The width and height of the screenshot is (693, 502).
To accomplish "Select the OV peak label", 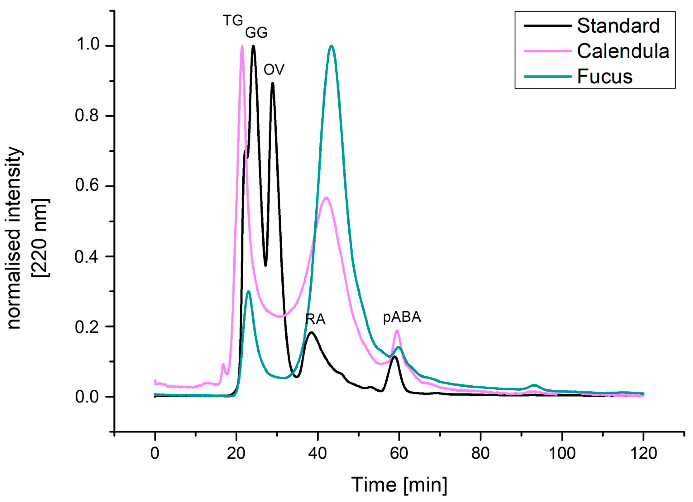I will (274, 70).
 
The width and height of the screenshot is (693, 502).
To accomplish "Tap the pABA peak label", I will (402, 318).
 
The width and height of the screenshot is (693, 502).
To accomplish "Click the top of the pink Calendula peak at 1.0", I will (242, 46).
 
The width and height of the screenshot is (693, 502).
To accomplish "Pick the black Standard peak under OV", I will (272, 83).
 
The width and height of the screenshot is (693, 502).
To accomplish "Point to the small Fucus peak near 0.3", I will (249, 291).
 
